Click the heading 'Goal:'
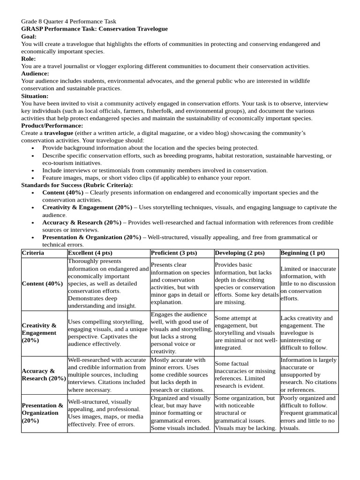point(29,37)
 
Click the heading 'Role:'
point(29,59)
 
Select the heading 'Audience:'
point(35,74)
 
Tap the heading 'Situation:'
point(35,96)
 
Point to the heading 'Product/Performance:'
point(52,126)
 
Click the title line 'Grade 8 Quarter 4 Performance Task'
point(69,22)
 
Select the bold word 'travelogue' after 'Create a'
point(59,133)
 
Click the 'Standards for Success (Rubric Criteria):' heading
point(77,185)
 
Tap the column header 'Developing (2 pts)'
point(240,253)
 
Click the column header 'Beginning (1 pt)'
point(302,253)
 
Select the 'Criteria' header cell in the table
point(33,253)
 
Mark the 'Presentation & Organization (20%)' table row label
point(43,413)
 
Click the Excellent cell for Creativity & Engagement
point(108,333)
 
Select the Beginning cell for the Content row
point(308,284)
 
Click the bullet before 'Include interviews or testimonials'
point(32,171)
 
